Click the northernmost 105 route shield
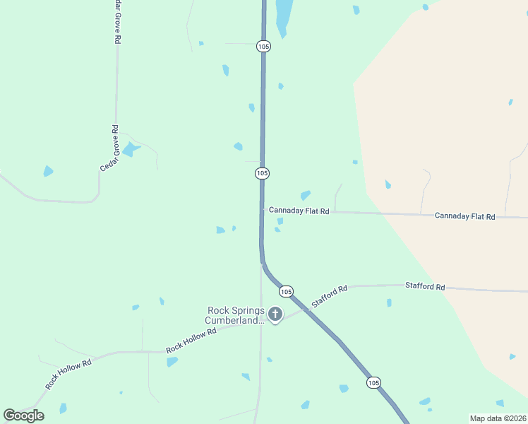click(263, 46)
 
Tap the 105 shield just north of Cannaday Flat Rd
click(262, 173)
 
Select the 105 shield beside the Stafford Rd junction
click(286, 291)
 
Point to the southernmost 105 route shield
click(373, 382)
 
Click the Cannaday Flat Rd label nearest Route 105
click(299, 211)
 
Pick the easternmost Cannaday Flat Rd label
click(465, 216)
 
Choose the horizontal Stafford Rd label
click(425, 287)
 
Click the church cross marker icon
click(275, 314)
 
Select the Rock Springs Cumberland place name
click(235, 315)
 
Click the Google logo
click(23, 415)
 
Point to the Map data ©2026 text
click(498, 418)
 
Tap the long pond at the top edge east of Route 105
click(284, 16)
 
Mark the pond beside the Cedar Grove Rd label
click(130, 149)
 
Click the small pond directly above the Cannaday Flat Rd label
click(306, 195)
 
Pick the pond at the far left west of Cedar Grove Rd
click(48, 171)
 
